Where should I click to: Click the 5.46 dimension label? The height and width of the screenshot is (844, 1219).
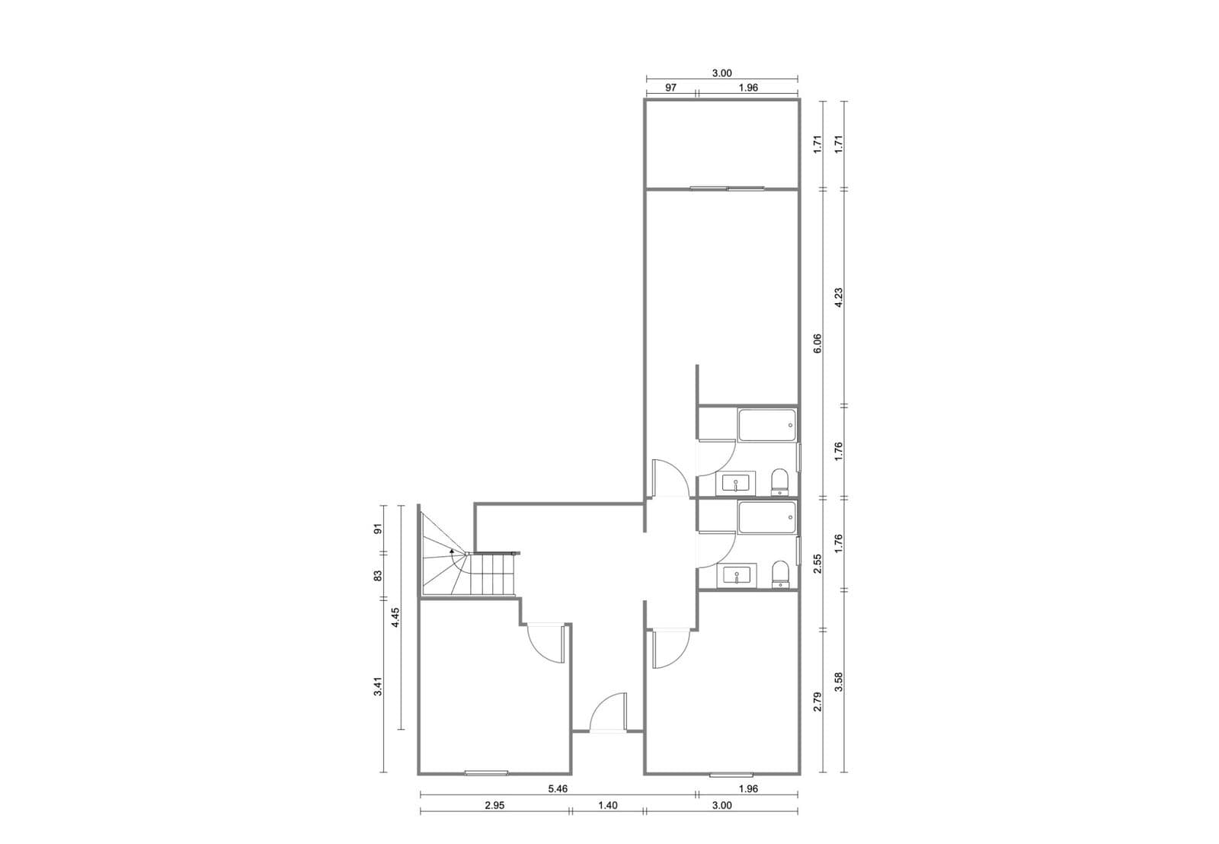point(558,788)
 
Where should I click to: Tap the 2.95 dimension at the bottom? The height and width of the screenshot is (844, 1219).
point(494,805)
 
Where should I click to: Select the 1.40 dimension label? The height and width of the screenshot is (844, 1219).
point(607,805)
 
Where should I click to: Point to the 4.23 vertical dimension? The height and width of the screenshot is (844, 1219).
point(839,298)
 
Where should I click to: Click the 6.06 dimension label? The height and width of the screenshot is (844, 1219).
point(817,344)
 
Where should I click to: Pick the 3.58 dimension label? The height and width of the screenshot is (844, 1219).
point(839,682)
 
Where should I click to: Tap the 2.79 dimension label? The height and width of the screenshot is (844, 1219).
point(817,702)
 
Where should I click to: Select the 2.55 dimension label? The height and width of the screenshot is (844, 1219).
point(817,564)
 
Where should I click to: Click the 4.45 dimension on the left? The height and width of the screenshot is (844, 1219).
point(395,618)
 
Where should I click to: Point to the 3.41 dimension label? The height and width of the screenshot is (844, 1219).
point(379,686)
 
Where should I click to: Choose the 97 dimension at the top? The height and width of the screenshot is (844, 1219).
point(670,87)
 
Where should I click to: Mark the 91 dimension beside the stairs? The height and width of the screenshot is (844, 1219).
point(379,529)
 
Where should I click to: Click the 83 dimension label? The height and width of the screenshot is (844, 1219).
point(379,575)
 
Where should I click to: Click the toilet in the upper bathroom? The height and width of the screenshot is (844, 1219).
point(780,481)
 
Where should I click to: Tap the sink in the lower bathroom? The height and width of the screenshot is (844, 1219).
point(736,575)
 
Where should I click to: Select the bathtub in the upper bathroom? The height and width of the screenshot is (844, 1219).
point(766,426)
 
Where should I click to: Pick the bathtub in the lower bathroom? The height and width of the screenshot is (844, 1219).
point(766,517)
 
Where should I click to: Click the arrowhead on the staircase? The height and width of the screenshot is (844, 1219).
point(452,551)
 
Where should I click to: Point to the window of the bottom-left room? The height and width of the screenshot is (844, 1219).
point(486,772)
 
